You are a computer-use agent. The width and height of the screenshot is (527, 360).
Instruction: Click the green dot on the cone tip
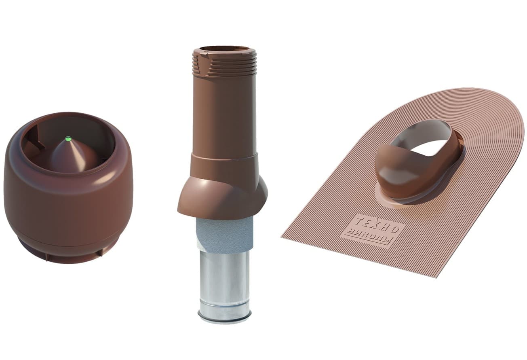pyautogui.click(x=68, y=138)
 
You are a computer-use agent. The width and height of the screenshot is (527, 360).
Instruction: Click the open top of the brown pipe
pyautogui.click(x=224, y=49)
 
